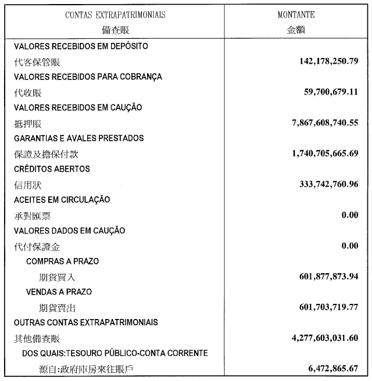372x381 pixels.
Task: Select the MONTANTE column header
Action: coord(296,15)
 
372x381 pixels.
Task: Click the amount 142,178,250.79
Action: coord(325,61)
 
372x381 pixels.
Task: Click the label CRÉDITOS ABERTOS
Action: coord(52,169)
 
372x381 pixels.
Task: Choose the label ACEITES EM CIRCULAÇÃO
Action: coord(62,199)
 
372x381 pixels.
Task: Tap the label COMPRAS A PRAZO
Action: coord(63,261)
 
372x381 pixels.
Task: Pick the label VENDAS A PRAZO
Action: coord(59,292)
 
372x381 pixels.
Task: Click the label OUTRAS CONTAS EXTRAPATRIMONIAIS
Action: coord(86,322)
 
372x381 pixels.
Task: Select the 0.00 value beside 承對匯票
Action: coord(350,215)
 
